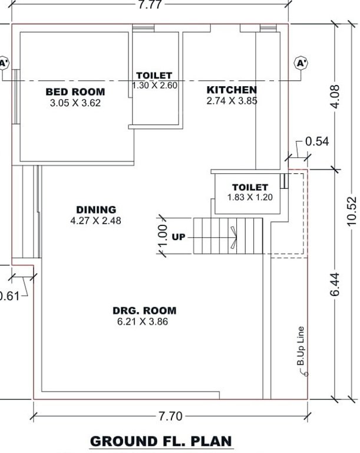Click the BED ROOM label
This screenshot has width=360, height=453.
pos(75,92)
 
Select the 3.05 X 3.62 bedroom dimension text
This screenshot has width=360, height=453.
pos(75,103)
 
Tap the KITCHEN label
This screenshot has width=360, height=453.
pos(232,90)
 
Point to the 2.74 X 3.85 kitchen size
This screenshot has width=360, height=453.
pos(232,101)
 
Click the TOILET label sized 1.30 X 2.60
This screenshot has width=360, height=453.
pos(154,75)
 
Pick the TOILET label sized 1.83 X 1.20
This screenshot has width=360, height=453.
pos(250,188)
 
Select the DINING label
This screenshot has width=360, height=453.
pos(96,210)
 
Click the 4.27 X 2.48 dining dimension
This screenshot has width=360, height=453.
pos(96,221)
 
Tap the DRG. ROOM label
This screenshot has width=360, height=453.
pos(144,311)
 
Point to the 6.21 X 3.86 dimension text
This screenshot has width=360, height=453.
pos(144,321)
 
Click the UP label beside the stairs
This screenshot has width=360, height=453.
pos(179,237)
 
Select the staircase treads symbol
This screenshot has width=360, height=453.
pos(227,236)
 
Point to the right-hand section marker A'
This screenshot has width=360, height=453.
pos(302,62)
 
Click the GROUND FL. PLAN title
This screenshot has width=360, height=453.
pos(161,441)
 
